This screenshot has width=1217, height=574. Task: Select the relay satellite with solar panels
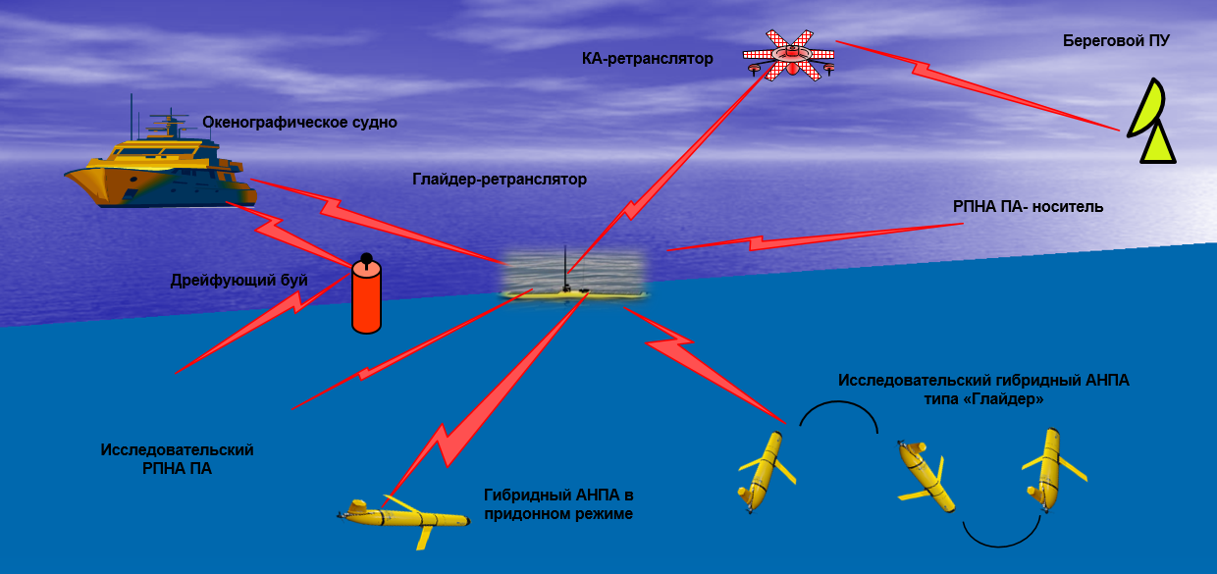[x=789, y=56]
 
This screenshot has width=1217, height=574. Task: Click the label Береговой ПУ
[x=1116, y=41]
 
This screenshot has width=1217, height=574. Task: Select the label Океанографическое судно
[x=299, y=123]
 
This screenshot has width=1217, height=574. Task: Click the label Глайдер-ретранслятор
[x=499, y=180]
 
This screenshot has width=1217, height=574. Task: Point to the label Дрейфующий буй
[x=239, y=281]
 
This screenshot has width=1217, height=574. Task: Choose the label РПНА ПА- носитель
[x=1029, y=207]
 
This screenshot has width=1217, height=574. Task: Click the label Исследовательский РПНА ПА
[x=178, y=459]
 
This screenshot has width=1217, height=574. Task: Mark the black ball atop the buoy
[x=366, y=259]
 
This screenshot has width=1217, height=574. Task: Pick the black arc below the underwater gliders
[x=1000, y=536]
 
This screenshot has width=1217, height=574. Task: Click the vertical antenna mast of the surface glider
[x=565, y=267]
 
